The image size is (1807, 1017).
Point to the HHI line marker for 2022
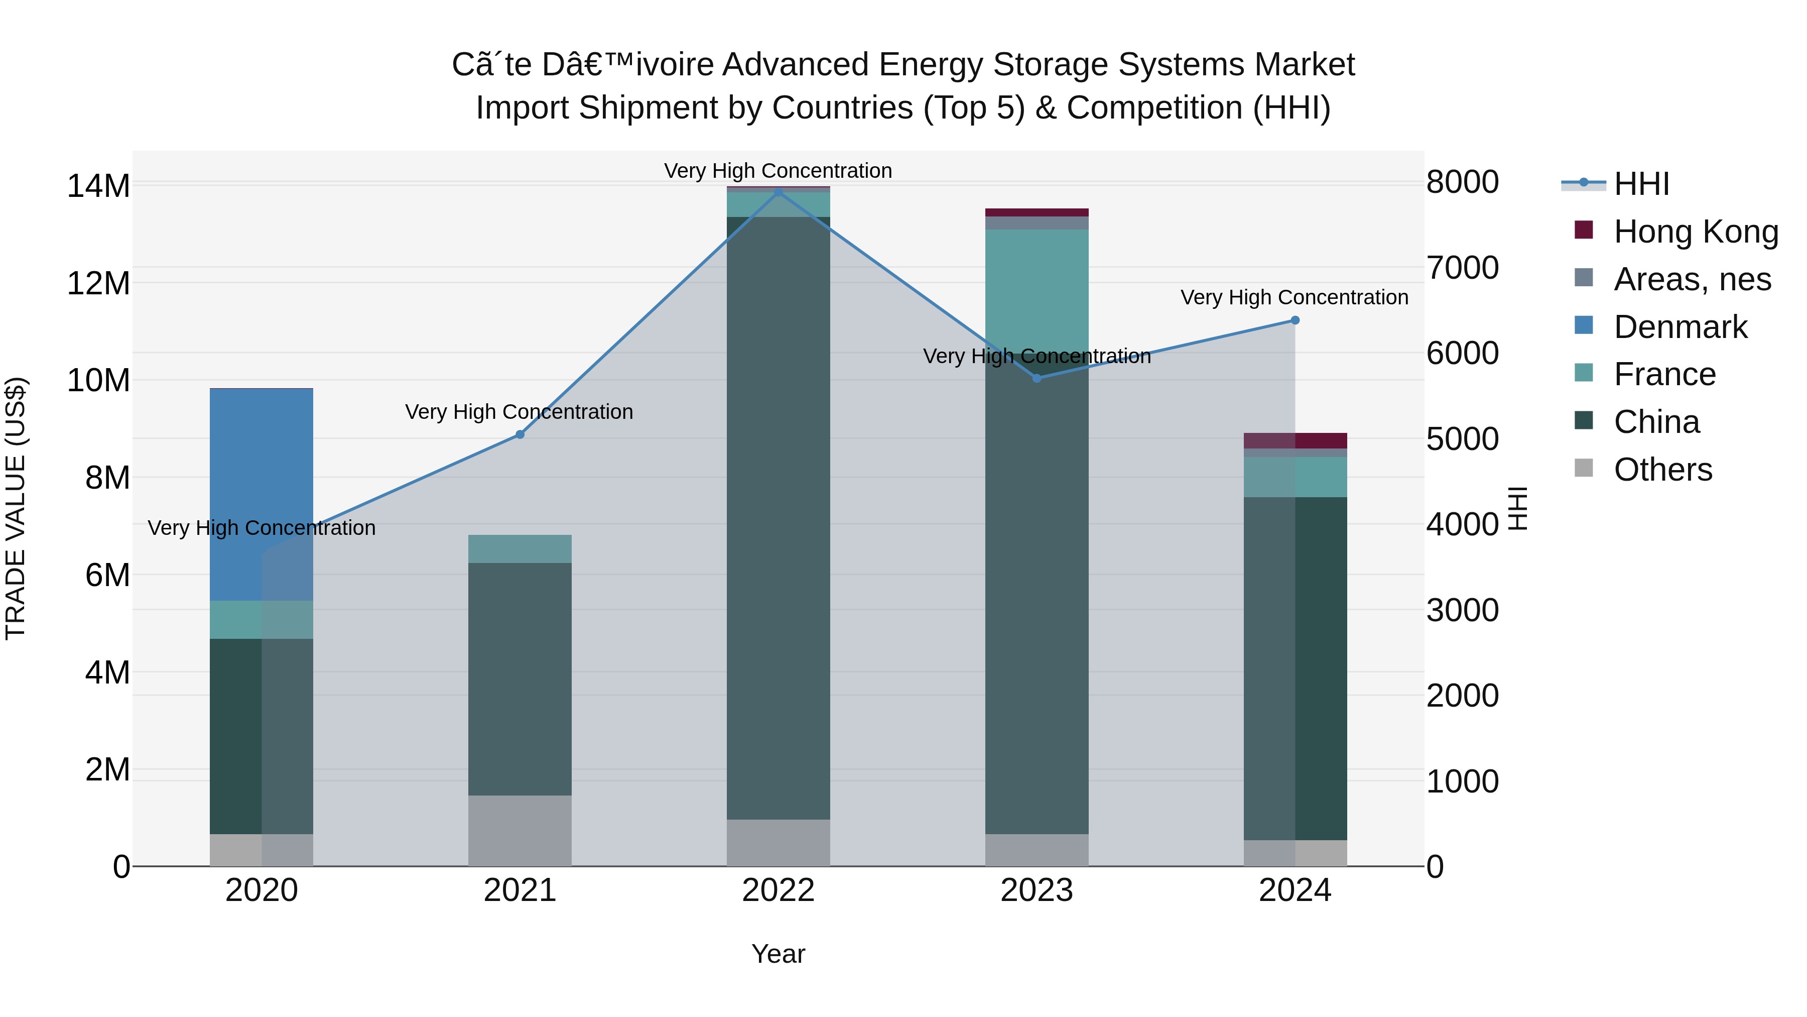pyautogui.click(x=778, y=192)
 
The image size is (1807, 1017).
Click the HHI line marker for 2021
pyautogui.click(x=520, y=434)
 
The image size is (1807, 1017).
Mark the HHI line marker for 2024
pyautogui.click(x=1295, y=320)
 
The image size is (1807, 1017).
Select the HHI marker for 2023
pyautogui.click(x=1037, y=378)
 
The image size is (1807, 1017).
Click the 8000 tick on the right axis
pyautogui.click(x=1463, y=182)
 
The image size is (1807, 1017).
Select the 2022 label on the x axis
pyautogui.click(x=778, y=890)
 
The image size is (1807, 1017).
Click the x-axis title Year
pyautogui.click(x=778, y=954)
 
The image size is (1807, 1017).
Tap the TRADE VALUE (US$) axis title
pyautogui.click(x=16, y=508)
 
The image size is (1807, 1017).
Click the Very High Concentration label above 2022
pyautogui.click(x=778, y=171)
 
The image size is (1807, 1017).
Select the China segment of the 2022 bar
pyautogui.click(x=778, y=519)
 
